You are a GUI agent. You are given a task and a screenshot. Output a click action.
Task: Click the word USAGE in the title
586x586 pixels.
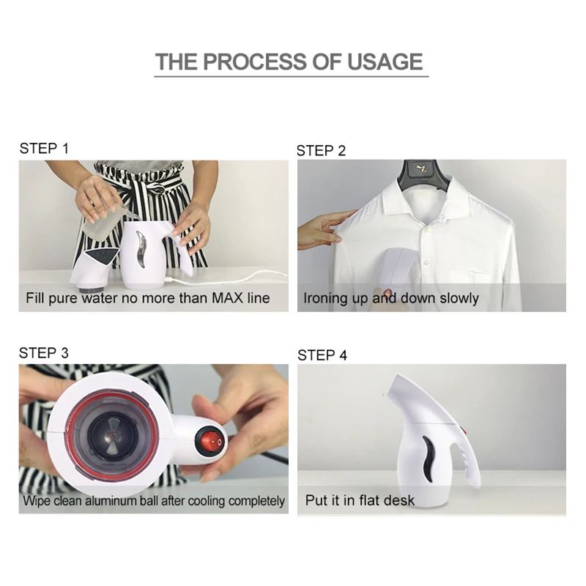tap(385, 62)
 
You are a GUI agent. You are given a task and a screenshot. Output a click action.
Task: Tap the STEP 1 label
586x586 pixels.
tap(44, 149)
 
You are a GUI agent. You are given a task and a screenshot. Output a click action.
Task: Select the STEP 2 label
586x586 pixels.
tap(321, 151)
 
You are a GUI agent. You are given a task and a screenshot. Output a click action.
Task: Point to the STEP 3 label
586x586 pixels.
tap(44, 353)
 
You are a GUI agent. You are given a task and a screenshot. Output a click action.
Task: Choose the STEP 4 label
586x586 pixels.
tap(322, 355)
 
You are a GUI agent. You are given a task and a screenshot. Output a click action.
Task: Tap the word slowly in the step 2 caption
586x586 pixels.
tap(459, 299)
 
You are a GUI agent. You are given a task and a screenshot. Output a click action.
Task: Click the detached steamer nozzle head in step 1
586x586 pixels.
tap(94, 268)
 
